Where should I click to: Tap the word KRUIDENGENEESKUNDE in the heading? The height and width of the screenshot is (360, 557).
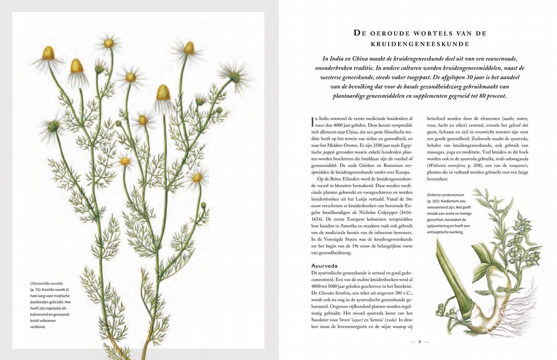point(420,43)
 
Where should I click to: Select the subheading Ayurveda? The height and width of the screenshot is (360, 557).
point(325,265)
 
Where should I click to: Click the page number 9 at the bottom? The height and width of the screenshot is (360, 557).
point(420,342)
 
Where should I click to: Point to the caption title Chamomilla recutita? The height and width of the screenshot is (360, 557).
point(46,283)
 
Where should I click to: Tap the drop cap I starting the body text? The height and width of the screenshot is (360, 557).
point(313,120)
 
